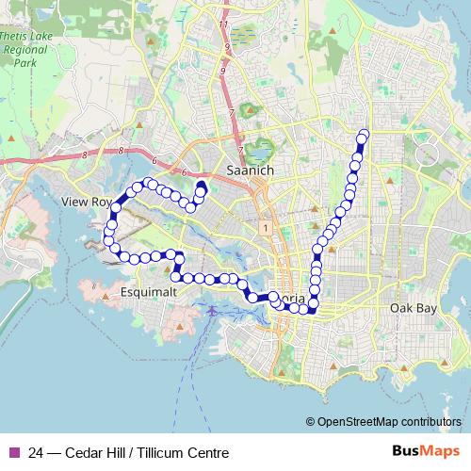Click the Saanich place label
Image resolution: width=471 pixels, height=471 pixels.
point(251,170)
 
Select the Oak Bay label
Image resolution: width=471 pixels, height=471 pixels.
point(414,308)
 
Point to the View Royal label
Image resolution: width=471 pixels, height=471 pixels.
point(86,202)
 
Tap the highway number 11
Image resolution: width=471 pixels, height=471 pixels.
point(223,24)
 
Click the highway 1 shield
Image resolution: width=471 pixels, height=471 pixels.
point(268,228)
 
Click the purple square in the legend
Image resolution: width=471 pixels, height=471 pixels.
point(13,453)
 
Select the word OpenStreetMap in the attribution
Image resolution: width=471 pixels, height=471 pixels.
point(356,423)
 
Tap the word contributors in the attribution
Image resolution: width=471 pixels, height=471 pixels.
point(430,423)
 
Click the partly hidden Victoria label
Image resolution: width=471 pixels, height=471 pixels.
point(287,300)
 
